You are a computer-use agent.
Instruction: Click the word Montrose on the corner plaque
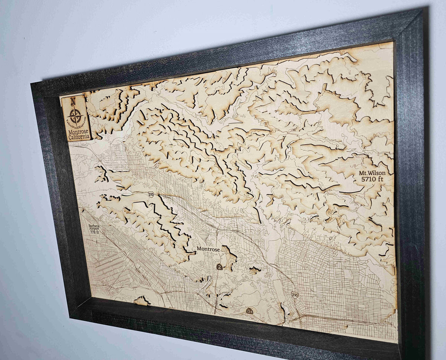click(78, 131)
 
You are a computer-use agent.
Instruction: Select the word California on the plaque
click(80, 136)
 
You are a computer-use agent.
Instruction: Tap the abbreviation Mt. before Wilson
click(363, 173)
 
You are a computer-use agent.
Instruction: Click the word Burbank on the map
click(94, 226)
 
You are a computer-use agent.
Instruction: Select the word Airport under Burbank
click(95, 229)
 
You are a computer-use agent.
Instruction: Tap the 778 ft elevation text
click(96, 232)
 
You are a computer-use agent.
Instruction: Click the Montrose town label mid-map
click(208, 249)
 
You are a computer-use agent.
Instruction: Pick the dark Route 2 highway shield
click(220, 267)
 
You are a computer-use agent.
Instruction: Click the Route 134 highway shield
click(249, 311)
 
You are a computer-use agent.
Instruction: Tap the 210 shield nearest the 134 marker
click(294, 295)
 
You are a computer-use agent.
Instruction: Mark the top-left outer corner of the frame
click(31, 83)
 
